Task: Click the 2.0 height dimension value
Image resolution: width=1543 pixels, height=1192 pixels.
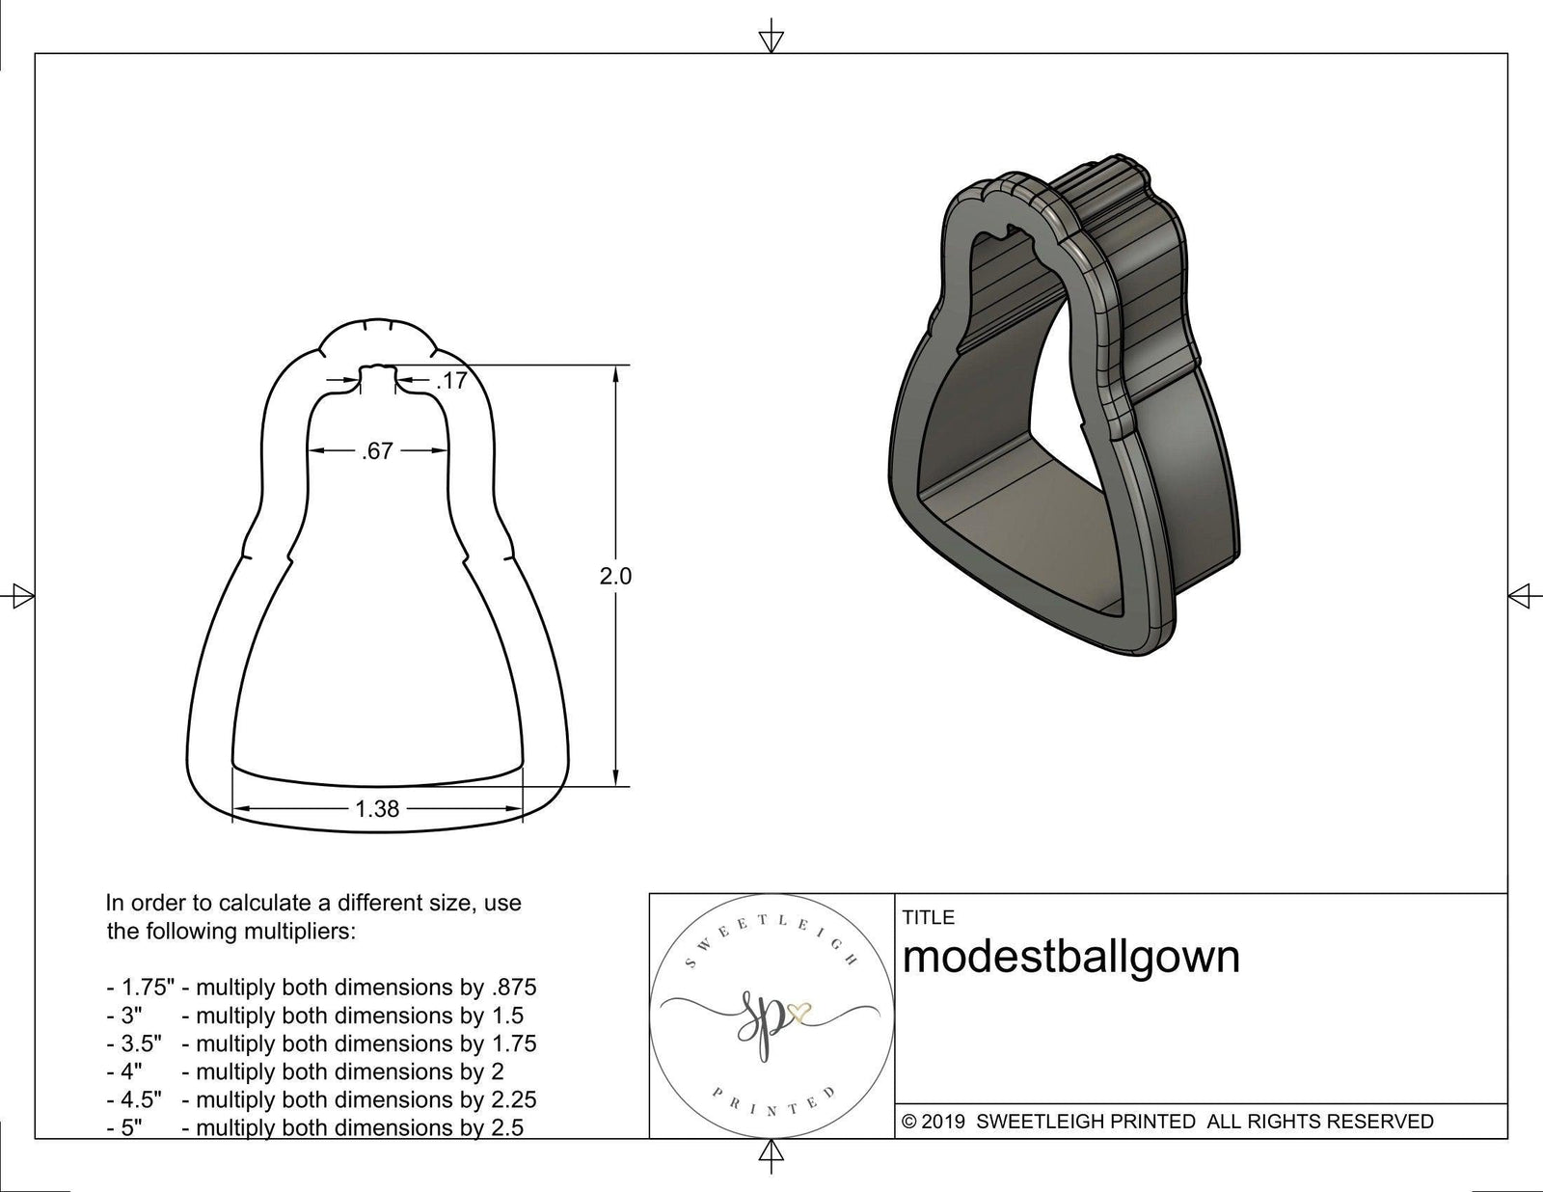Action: coord(615,577)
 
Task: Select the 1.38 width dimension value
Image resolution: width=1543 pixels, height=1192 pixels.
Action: coord(376,809)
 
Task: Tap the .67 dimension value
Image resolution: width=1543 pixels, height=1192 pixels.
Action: coord(376,450)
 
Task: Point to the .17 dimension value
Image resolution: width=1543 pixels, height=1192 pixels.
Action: coord(451,381)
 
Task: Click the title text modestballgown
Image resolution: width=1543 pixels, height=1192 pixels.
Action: coord(1070,957)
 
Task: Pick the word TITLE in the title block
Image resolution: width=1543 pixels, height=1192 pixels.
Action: coord(928,917)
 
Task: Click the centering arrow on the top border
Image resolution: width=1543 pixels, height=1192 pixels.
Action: coord(771,40)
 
